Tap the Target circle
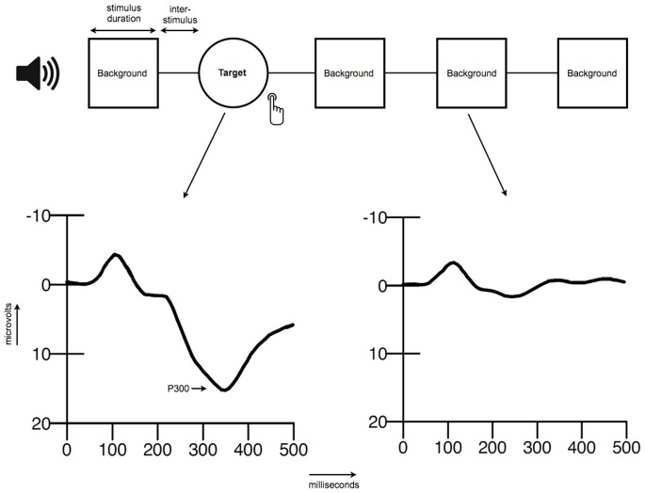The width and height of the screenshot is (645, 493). (x=234, y=72)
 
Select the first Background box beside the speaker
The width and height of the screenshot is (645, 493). (x=123, y=72)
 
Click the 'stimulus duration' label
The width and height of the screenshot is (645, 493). (x=123, y=11)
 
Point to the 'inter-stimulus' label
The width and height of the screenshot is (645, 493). (x=181, y=11)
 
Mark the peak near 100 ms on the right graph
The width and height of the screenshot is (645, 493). (x=454, y=262)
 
